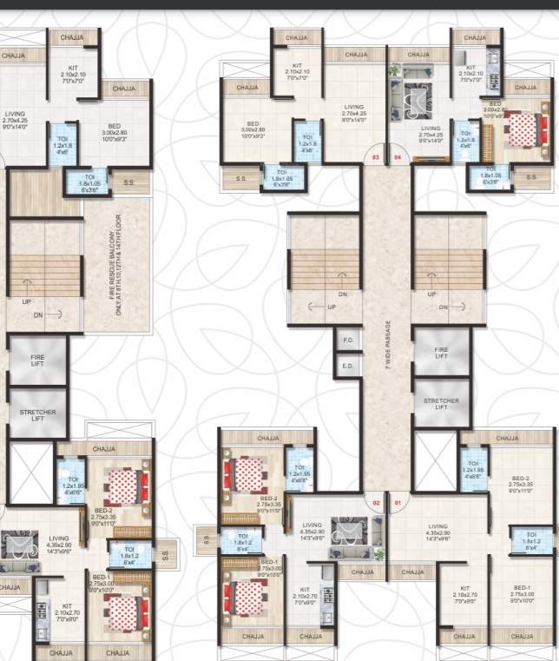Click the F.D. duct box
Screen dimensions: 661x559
(347, 340)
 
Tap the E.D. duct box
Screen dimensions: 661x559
(347, 366)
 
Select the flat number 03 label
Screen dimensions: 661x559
(376, 157)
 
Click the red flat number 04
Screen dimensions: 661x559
(398, 157)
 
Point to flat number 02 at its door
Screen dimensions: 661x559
(376, 502)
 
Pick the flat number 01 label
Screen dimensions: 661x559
(398, 502)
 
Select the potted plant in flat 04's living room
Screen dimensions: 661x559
(396, 69)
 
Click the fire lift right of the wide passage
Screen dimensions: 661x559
(441, 353)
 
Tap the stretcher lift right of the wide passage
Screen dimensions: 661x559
(441, 404)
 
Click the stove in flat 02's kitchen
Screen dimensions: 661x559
(329, 595)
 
